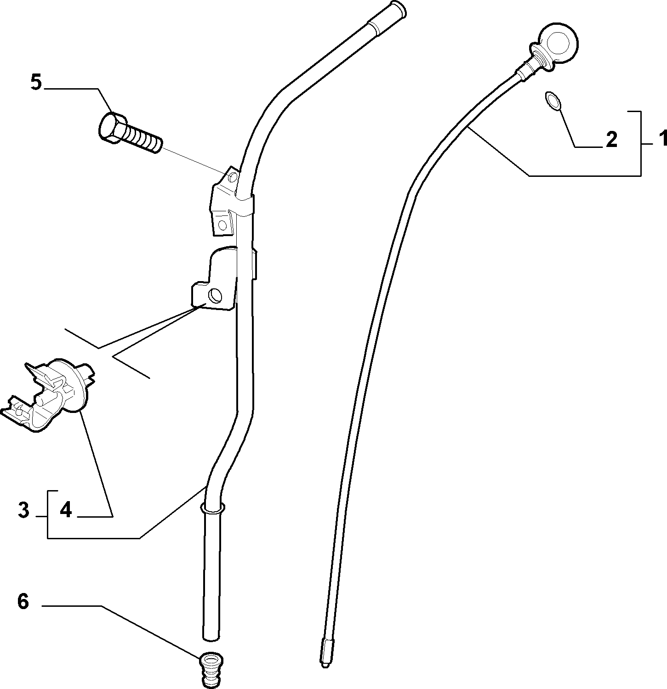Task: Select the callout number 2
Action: [x=611, y=139]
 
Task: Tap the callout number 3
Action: [x=23, y=510]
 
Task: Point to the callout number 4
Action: [x=66, y=510]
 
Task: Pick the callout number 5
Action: [x=36, y=82]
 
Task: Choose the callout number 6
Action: [x=23, y=601]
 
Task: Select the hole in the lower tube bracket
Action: [x=215, y=295]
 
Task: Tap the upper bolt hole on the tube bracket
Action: [x=233, y=177]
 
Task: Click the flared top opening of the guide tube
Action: [x=395, y=8]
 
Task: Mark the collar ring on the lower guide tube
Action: [x=212, y=508]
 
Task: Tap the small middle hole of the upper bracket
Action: [x=223, y=225]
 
